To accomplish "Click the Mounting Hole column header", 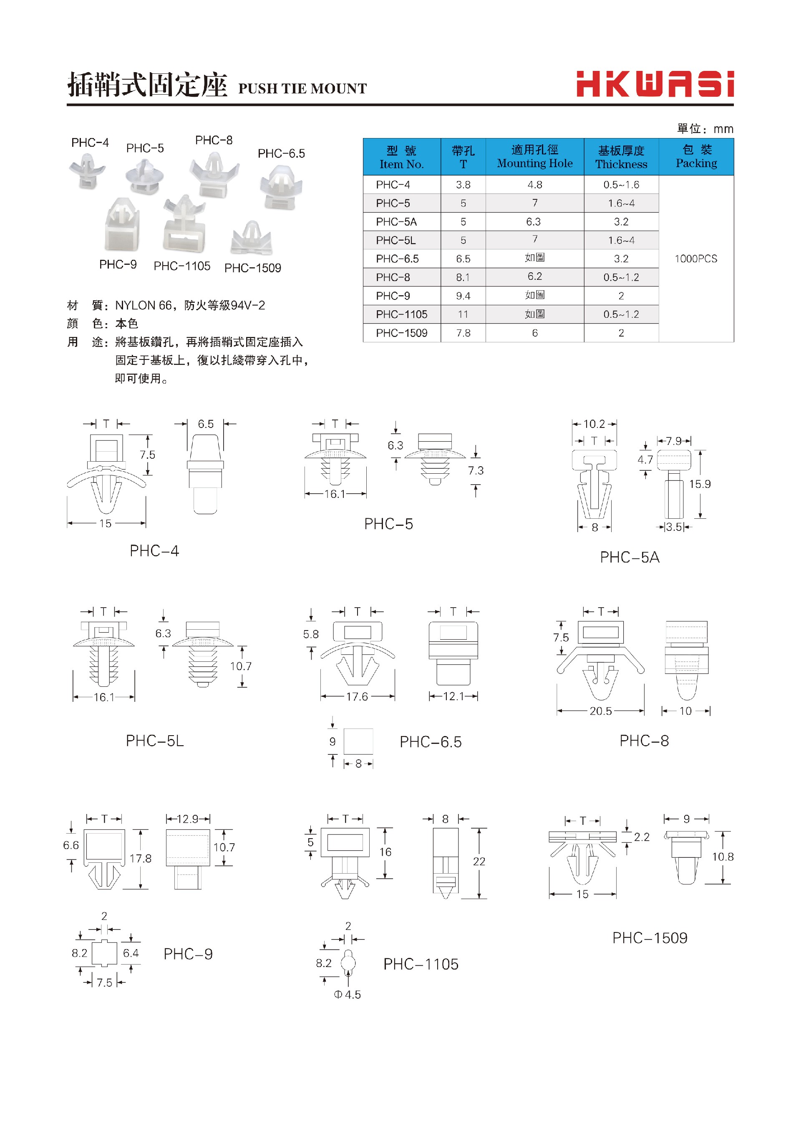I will point(535,157).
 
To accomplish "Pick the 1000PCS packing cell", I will point(695,259).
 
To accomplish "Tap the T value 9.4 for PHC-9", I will point(463,296).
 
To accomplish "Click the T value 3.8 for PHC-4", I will point(463,185).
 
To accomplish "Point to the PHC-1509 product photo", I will point(252,239).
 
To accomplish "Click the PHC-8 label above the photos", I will point(214,141).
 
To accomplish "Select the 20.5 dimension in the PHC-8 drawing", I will point(600,711).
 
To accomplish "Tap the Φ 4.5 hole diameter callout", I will point(347,995).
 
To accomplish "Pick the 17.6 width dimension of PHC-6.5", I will point(357,696).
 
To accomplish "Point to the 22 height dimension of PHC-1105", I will point(479,861).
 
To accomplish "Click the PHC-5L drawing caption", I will point(154,741).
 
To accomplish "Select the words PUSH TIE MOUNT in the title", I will point(302,89).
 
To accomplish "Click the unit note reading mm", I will point(723,129).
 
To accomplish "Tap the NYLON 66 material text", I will point(143,306).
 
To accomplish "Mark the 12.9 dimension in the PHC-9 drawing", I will point(187,819).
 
